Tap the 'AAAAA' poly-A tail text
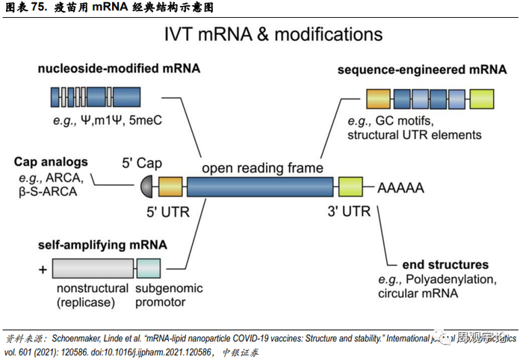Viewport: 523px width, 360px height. (x=400, y=187)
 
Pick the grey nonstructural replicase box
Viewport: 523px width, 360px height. (x=93, y=269)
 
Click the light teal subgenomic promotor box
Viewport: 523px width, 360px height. (x=149, y=269)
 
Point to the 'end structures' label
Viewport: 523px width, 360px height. (x=445, y=264)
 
